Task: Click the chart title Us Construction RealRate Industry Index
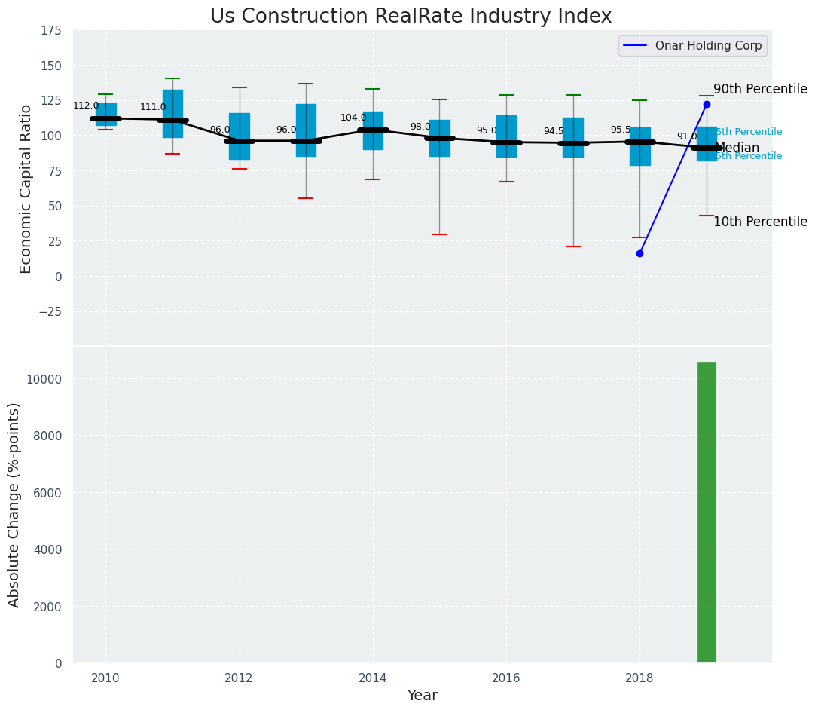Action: tap(411, 17)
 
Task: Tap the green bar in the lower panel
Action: tap(707, 512)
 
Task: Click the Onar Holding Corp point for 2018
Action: tap(639, 253)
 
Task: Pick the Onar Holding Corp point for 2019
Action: tap(707, 104)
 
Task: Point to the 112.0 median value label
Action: tap(86, 106)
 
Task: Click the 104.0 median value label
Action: tap(353, 118)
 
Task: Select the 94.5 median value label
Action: tap(554, 131)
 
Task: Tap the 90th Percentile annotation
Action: tap(760, 89)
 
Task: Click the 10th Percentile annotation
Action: tap(760, 222)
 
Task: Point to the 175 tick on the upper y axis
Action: tap(52, 31)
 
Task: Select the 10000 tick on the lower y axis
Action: tap(44, 379)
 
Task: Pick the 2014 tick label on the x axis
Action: tap(372, 678)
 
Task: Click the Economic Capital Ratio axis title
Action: tap(26, 188)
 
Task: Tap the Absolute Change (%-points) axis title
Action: tap(14, 504)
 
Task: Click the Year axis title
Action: tap(423, 696)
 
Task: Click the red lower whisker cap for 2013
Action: tap(306, 198)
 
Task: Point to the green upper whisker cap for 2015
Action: tap(439, 99)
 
